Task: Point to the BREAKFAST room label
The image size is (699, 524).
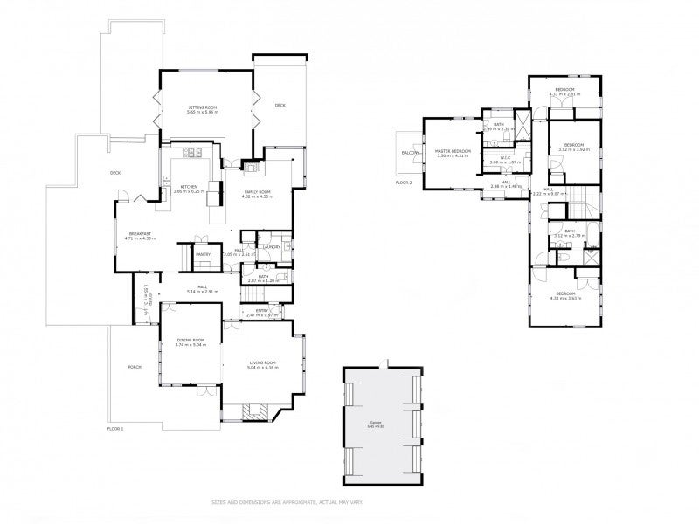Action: pyautogui.click(x=142, y=233)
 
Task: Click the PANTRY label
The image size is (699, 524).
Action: pyautogui.click(x=202, y=254)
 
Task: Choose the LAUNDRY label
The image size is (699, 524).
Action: pyautogui.click(x=272, y=247)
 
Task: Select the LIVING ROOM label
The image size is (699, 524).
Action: pyautogui.click(x=262, y=362)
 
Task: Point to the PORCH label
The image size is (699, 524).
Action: pyautogui.click(x=135, y=367)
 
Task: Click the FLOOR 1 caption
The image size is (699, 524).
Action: pyautogui.click(x=115, y=429)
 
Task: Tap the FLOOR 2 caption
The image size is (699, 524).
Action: pyautogui.click(x=404, y=183)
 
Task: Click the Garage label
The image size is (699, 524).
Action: pyautogui.click(x=382, y=423)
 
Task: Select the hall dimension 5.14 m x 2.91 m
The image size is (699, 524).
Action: pyautogui.click(x=201, y=291)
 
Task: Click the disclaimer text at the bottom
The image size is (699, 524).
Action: pyautogui.click(x=349, y=502)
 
